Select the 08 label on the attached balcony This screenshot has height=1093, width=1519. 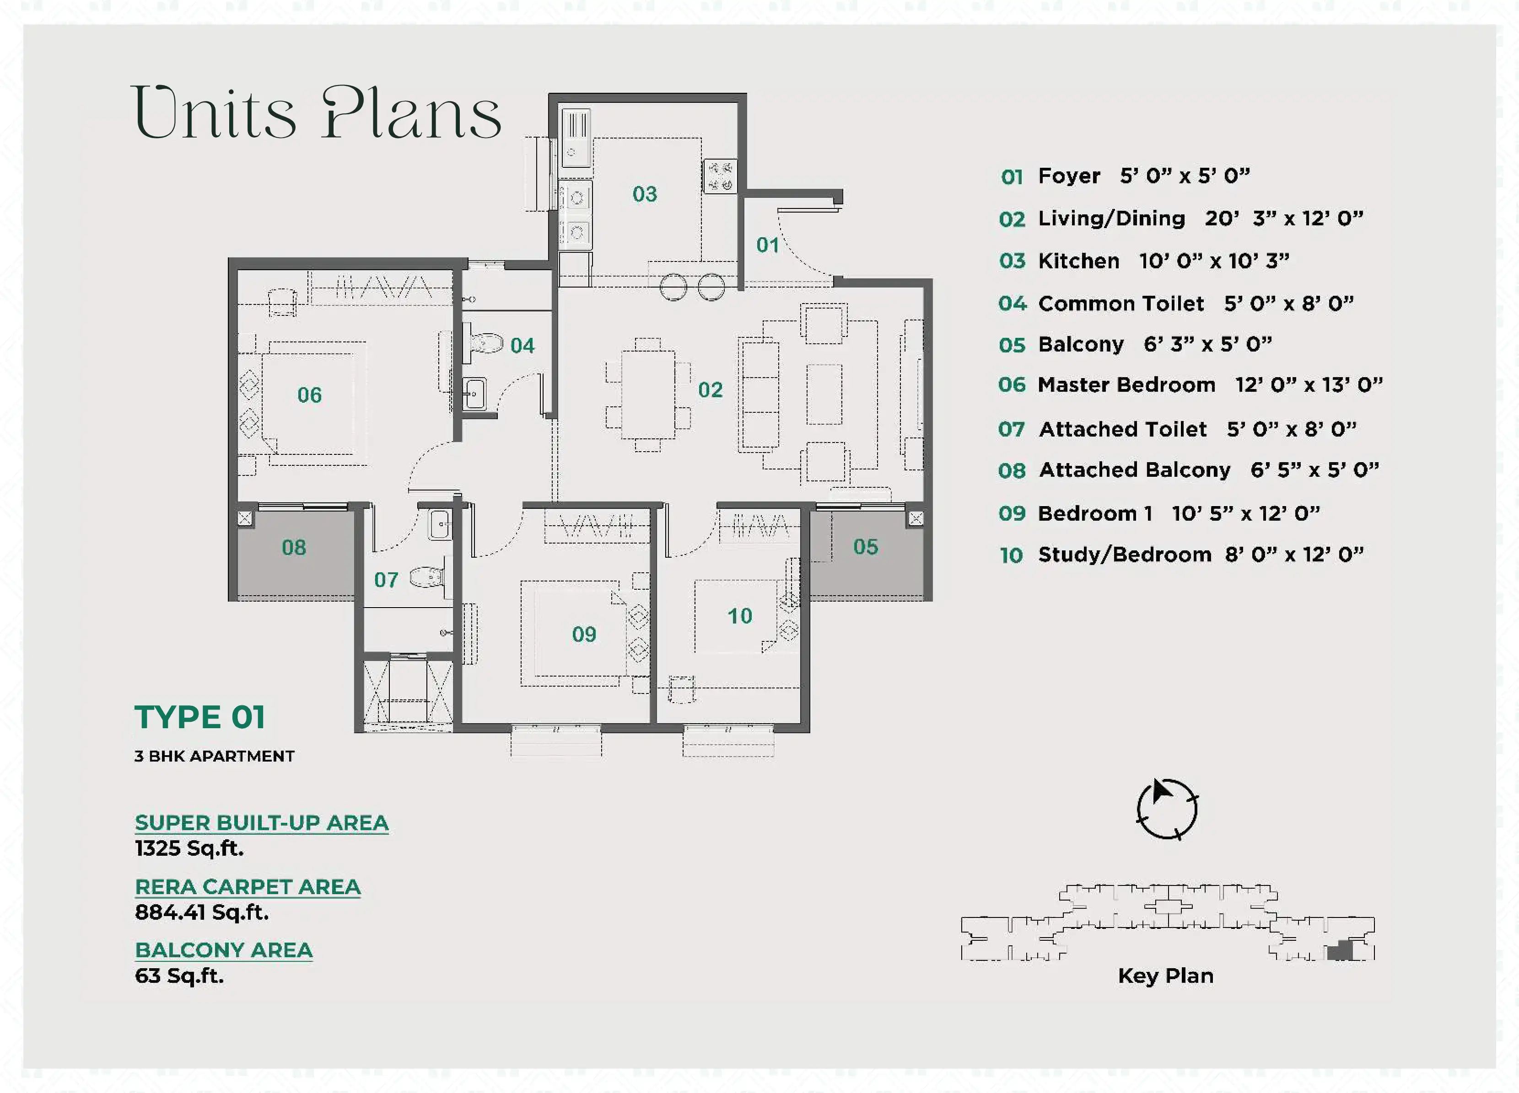[294, 548]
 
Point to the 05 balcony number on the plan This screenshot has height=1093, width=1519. [865, 547]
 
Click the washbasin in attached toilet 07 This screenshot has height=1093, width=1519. [439, 525]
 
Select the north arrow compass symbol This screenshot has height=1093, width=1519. [1167, 809]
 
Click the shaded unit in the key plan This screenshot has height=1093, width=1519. [1340, 950]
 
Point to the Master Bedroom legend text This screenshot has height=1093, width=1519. [1126, 385]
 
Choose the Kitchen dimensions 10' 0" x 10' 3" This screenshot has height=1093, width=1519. [1214, 261]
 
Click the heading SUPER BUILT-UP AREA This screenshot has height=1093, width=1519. [262, 822]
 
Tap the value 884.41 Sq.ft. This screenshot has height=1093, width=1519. [202, 912]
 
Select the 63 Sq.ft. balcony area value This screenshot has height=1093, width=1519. [179, 976]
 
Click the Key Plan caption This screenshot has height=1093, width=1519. [1165, 976]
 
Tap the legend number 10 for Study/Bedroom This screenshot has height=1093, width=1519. [1011, 555]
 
